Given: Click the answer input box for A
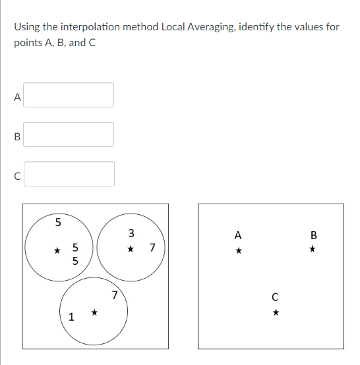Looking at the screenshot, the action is (x=69, y=95).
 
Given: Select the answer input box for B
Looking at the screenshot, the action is (x=69, y=134).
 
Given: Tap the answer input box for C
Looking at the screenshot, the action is (x=69, y=174).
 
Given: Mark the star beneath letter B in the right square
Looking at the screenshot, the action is (x=313, y=250).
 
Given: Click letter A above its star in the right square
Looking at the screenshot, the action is (x=238, y=235).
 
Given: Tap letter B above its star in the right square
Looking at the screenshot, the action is (x=313, y=235).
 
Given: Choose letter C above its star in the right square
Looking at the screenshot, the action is (x=276, y=296).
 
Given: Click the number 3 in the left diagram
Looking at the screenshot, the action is (x=131, y=233).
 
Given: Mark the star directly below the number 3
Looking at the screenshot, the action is (x=131, y=249).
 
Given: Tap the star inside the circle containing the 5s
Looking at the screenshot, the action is (x=57, y=250).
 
